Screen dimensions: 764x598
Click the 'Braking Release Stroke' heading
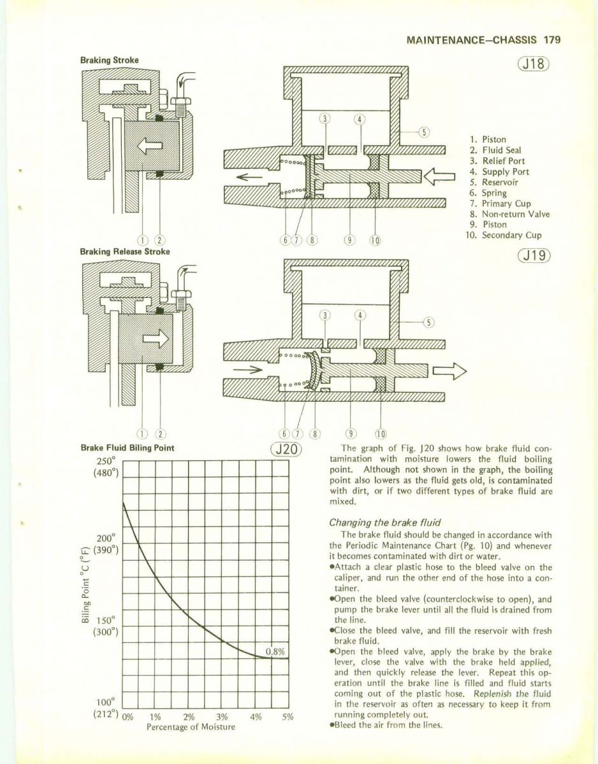[x=125, y=251]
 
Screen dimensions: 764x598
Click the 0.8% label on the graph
[x=274, y=651]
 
